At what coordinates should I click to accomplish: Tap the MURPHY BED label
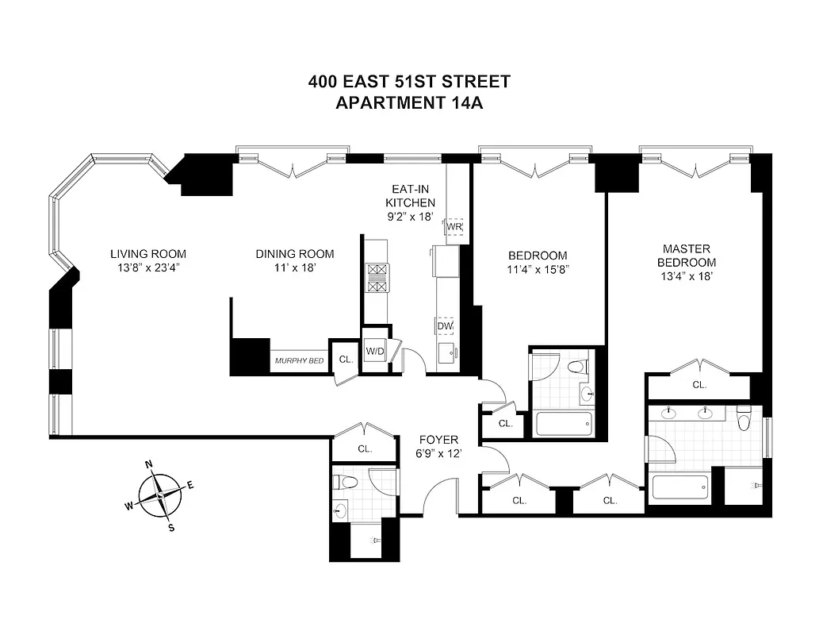point(300,361)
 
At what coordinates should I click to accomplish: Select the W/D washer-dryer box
point(375,350)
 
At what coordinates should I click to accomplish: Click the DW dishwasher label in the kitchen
point(444,325)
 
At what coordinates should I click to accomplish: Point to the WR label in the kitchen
point(454,226)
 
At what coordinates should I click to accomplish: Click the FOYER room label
point(438,440)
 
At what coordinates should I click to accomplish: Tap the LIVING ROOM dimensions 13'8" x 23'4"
point(148,267)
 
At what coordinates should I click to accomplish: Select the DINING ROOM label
point(294,254)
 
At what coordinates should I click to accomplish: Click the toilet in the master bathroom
point(744,418)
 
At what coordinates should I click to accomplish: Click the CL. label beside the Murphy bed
point(346,360)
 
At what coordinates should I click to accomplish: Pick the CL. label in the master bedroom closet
point(699,385)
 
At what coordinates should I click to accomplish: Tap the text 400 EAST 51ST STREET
point(410,82)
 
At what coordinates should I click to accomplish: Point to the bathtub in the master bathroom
point(680,486)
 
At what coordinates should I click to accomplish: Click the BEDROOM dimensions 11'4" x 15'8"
point(538,269)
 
